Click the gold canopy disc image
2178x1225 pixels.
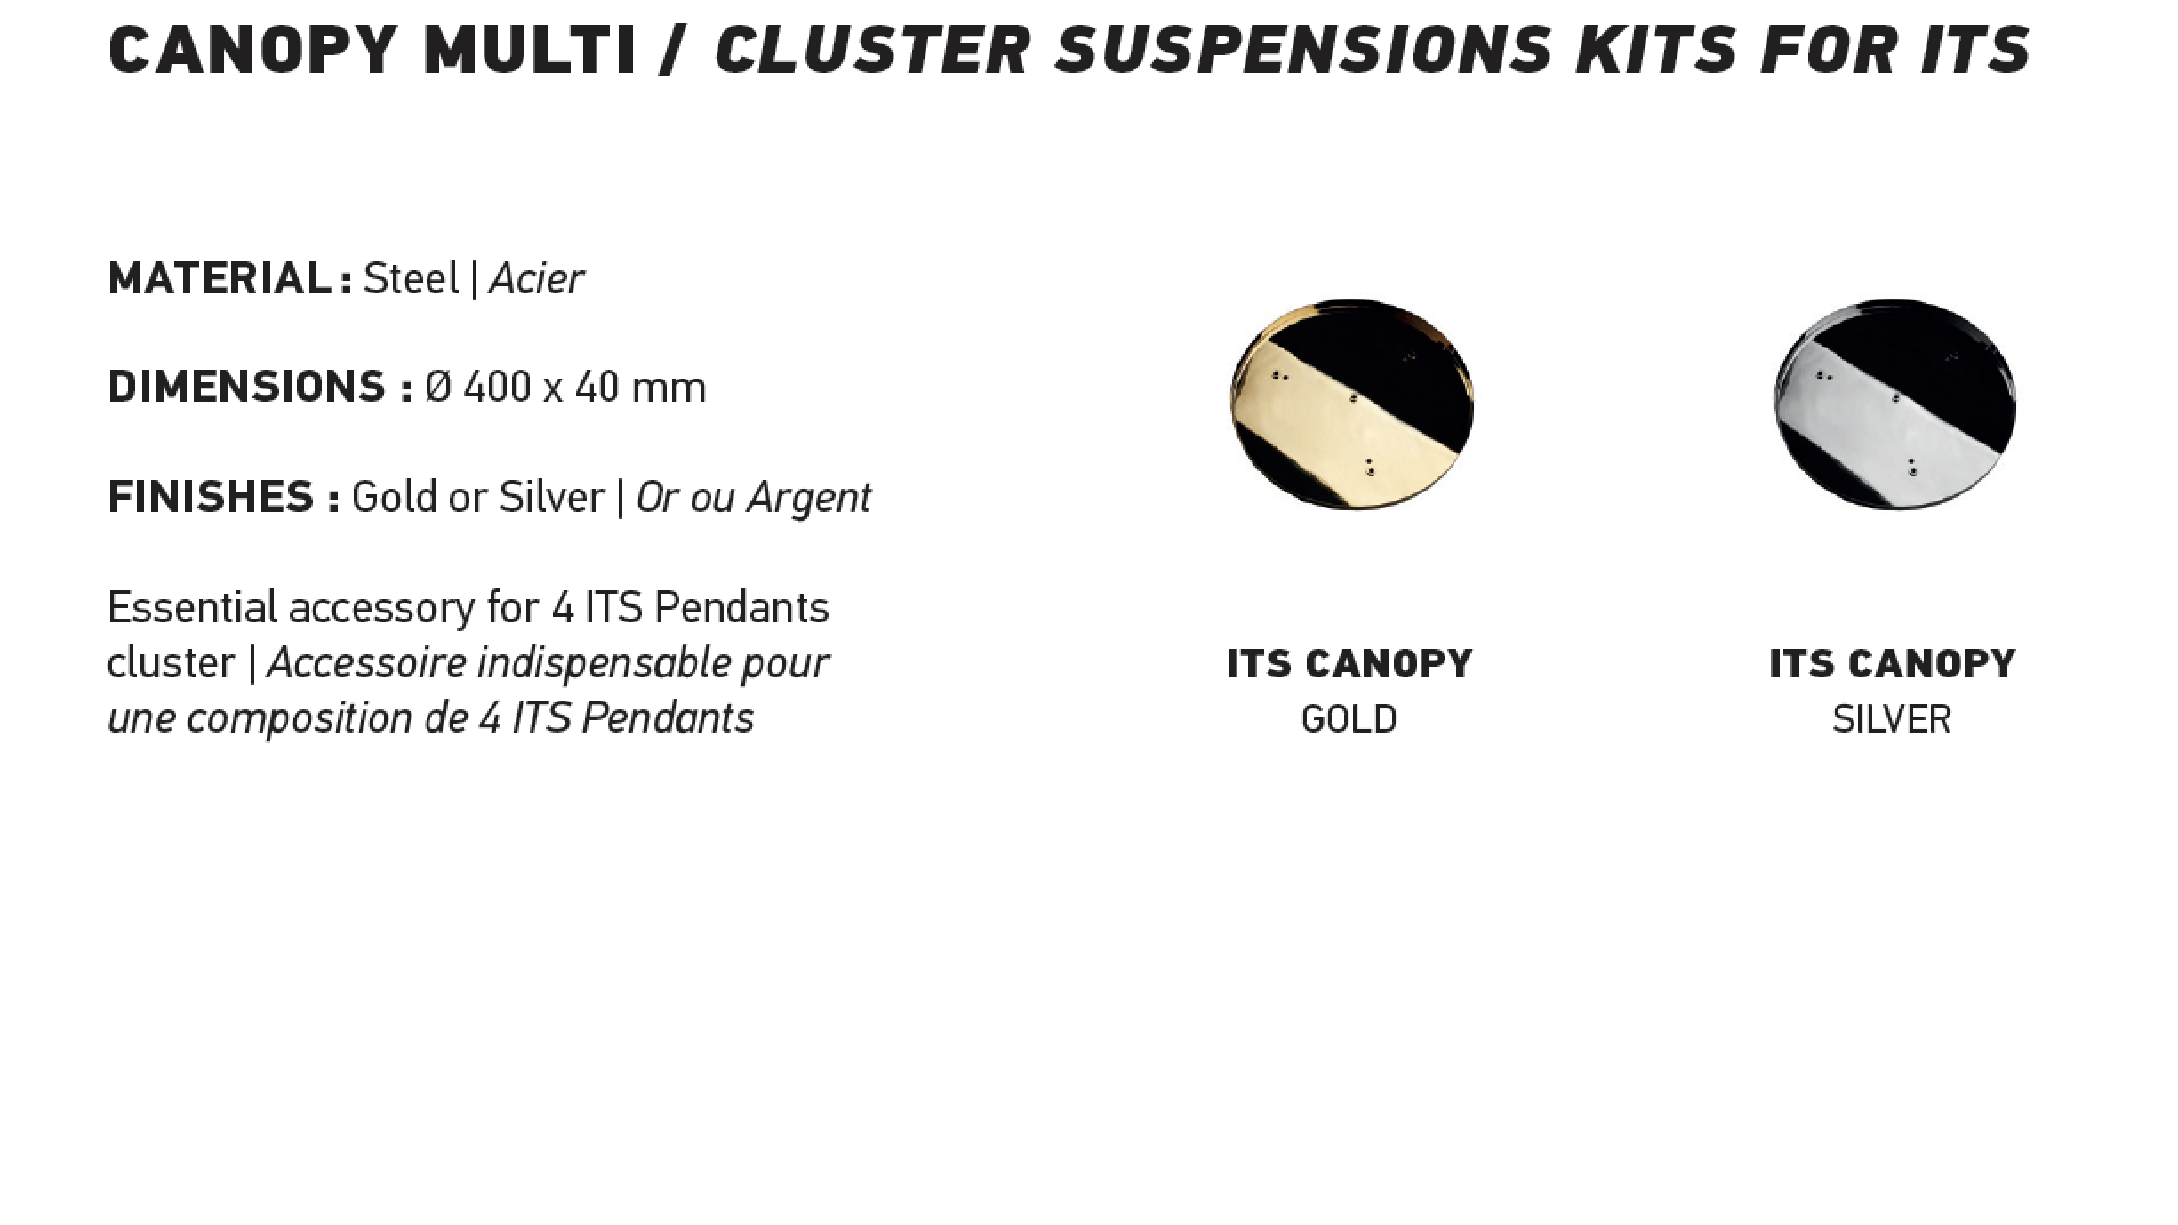1351,404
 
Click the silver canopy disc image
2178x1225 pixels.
1894,404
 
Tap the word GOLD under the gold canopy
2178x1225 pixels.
1349,719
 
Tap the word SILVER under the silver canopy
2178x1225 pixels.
1891,719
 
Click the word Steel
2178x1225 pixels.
411,278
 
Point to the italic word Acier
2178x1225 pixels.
536,278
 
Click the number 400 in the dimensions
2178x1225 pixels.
497,387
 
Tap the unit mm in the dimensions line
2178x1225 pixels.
668,388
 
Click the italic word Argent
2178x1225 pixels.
809,498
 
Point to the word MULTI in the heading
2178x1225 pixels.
530,49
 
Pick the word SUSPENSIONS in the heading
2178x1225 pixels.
1302,49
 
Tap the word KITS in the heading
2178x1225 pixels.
1655,49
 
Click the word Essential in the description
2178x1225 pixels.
192,607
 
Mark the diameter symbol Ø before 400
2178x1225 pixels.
438,387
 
